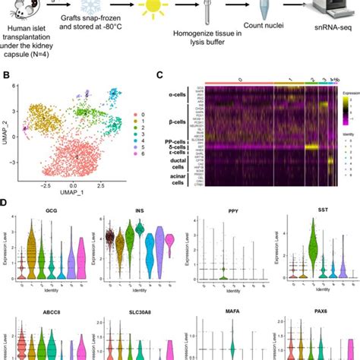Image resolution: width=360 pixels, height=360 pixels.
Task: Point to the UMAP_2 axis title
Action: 7,133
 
